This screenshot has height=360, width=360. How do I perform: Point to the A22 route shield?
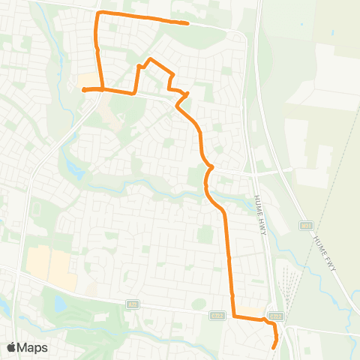pos(133,302)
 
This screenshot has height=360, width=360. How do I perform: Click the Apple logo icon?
pos(12,347)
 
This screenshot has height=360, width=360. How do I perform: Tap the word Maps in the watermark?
pos(33,347)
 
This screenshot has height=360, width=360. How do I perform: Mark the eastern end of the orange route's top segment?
pos(187,23)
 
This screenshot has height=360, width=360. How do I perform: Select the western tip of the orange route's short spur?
pos(83,90)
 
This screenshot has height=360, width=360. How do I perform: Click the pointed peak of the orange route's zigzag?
pos(151,58)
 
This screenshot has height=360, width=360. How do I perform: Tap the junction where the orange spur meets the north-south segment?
pos(102,89)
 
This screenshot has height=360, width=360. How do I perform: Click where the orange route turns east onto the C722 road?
pos(233,316)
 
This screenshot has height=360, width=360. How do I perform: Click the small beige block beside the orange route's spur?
pos(88,79)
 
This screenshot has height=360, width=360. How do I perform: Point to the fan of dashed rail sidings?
pos(289,289)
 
